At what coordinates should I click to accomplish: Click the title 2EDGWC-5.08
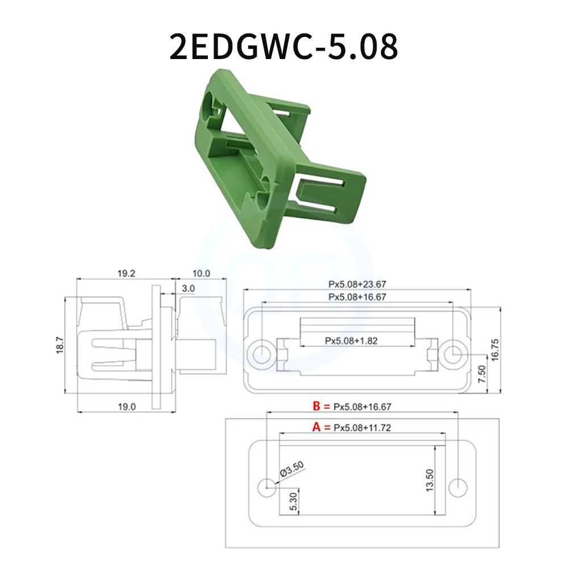click(x=283, y=47)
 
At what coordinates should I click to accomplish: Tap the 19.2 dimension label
click(x=126, y=273)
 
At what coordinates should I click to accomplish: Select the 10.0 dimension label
click(x=202, y=273)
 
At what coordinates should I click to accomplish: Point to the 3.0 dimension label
click(x=189, y=289)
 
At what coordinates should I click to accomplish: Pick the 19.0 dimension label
click(x=126, y=406)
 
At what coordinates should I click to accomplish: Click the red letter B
click(x=317, y=406)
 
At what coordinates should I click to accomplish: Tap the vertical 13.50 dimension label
click(x=430, y=481)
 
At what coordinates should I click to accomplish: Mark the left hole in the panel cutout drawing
click(x=266, y=486)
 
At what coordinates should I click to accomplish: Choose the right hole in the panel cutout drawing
click(x=457, y=486)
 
